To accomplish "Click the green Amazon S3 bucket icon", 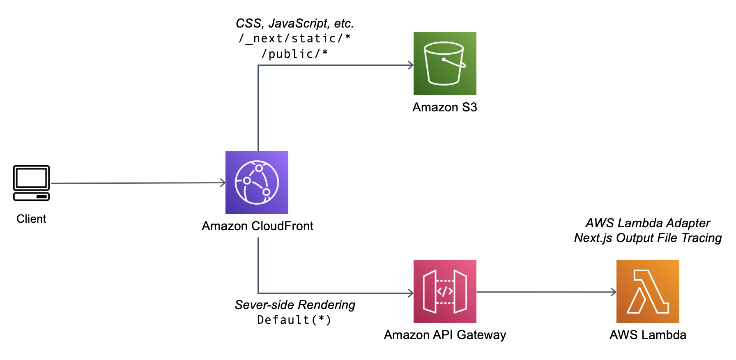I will [445, 63].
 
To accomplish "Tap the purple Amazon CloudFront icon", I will [257, 182].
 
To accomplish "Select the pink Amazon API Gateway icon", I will [445, 291].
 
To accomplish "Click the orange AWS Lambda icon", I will [648, 291].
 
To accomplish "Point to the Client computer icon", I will [31, 183].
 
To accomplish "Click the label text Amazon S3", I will [445, 107].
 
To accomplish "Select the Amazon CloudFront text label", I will [258, 226].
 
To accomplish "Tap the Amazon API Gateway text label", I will [445, 335].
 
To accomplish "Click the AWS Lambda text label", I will [648, 335].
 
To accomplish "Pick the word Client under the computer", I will [31, 219].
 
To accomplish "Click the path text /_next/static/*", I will [294, 39].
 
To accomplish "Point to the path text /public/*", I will [294, 54].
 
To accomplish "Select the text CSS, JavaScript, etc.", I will [294, 23].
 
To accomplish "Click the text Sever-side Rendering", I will [295, 305].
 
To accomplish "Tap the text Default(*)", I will [294, 320].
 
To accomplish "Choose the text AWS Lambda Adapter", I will [648, 223].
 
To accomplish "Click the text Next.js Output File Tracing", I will [648, 238].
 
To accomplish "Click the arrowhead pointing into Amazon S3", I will [411, 65].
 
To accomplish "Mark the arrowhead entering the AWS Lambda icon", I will [614, 292].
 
